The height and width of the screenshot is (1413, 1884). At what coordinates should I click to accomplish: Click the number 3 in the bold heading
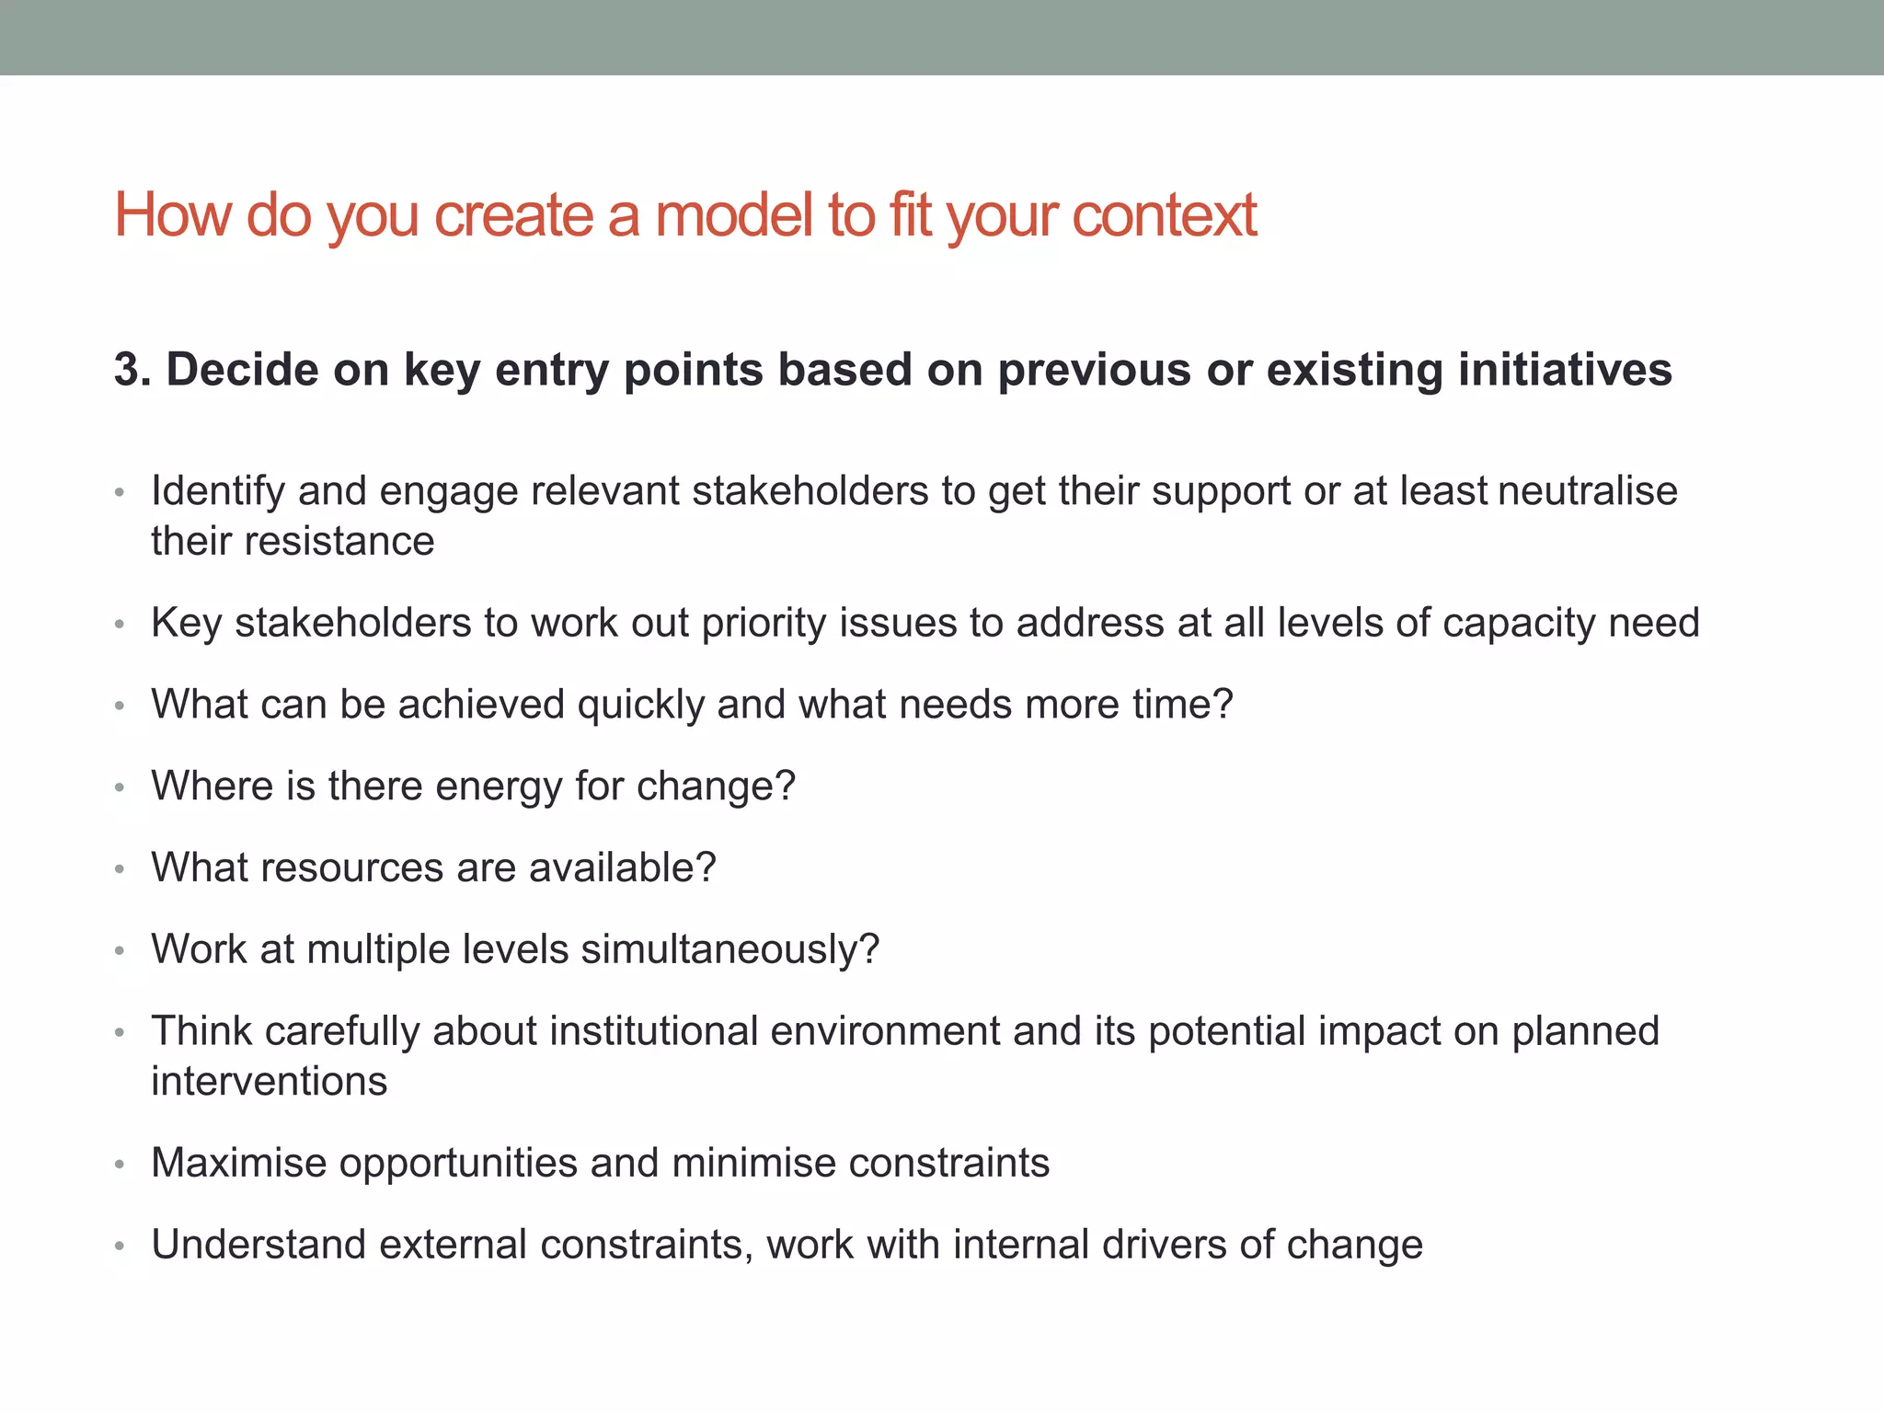pyautogui.click(x=127, y=370)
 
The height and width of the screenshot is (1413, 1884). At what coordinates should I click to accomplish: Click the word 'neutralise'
pyautogui.click(x=1588, y=491)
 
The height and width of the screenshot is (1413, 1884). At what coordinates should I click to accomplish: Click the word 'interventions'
pyautogui.click(x=270, y=1082)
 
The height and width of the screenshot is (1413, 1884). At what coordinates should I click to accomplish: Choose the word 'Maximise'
pyautogui.click(x=238, y=1163)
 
